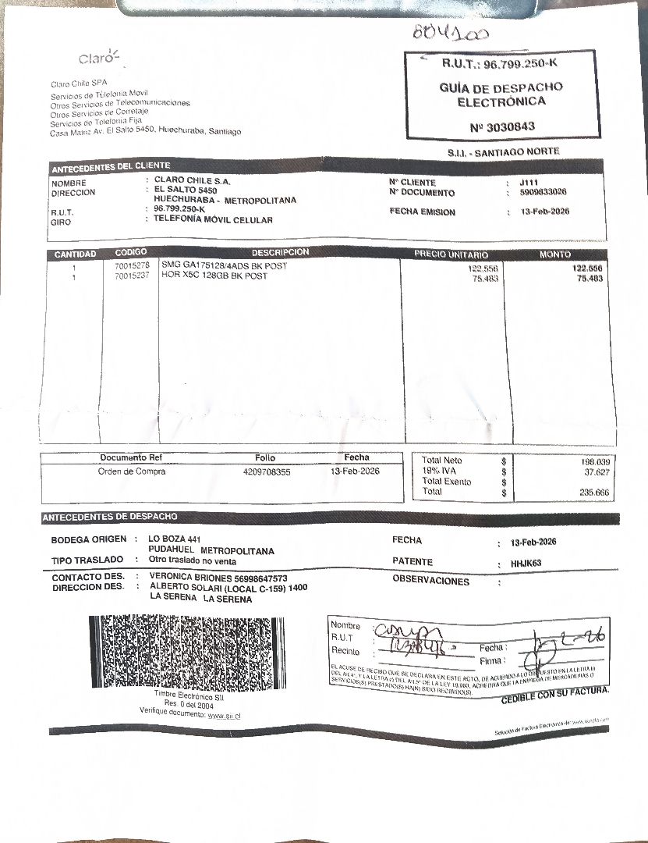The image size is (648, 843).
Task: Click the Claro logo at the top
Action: tap(98, 58)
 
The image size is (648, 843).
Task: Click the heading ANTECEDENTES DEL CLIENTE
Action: tap(110, 167)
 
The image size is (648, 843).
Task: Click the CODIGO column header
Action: tap(130, 254)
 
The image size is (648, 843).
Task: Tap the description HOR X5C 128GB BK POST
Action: tap(214, 276)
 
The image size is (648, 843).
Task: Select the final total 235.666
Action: tap(595, 493)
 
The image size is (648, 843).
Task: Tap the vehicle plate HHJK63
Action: tap(526, 563)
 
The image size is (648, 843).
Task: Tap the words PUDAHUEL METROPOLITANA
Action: tap(211, 551)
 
